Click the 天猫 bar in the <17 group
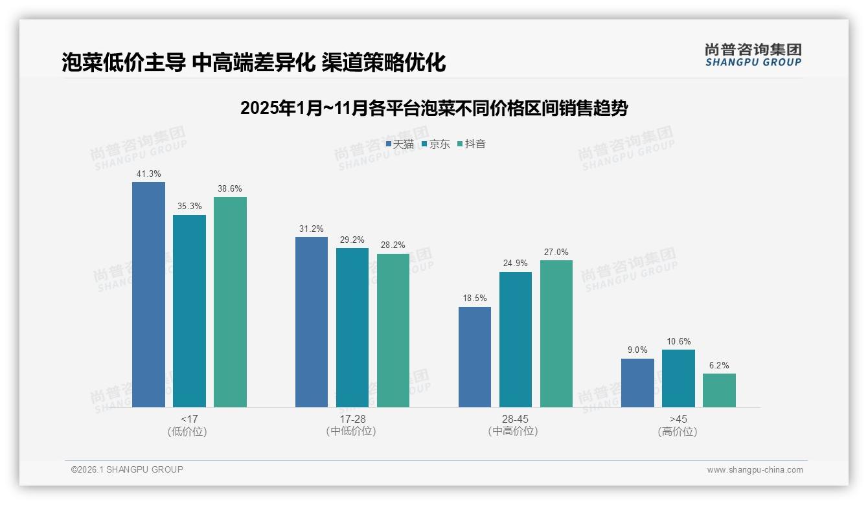(x=148, y=295)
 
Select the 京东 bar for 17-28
(x=352, y=328)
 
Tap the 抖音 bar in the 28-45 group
(x=556, y=333)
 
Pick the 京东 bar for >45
(x=678, y=378)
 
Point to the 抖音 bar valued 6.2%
(x=719, y=390)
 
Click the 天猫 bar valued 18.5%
(x=475, y=357)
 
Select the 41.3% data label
(x=148, y=174)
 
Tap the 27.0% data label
(x=556, y=252)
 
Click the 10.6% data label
(x=678, y=342)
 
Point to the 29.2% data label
(x=352, y=240)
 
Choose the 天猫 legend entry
(x=400, y=144)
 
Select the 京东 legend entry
(x=435, y=144)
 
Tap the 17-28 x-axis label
(x=352, y=420)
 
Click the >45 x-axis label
(x=678, y=420)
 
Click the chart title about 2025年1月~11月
(x=434, y=108)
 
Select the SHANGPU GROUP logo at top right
(x=753, y=55)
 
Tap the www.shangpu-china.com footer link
(x=755, y=470)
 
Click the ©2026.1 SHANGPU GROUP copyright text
(x=127, y=469)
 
